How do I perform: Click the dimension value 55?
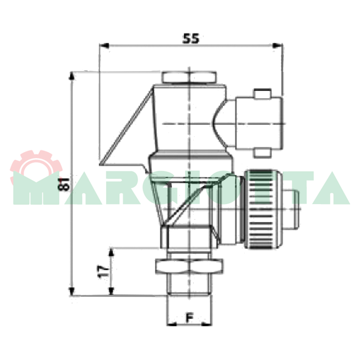[191, 38]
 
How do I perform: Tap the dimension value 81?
[64, 184]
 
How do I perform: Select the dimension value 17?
[103, 272]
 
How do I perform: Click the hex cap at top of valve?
[189, 77]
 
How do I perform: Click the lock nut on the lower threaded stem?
[189, 266]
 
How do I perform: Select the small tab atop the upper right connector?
[262, 94]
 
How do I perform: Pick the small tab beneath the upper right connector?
[262, 153]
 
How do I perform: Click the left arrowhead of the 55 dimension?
[104, 45]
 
